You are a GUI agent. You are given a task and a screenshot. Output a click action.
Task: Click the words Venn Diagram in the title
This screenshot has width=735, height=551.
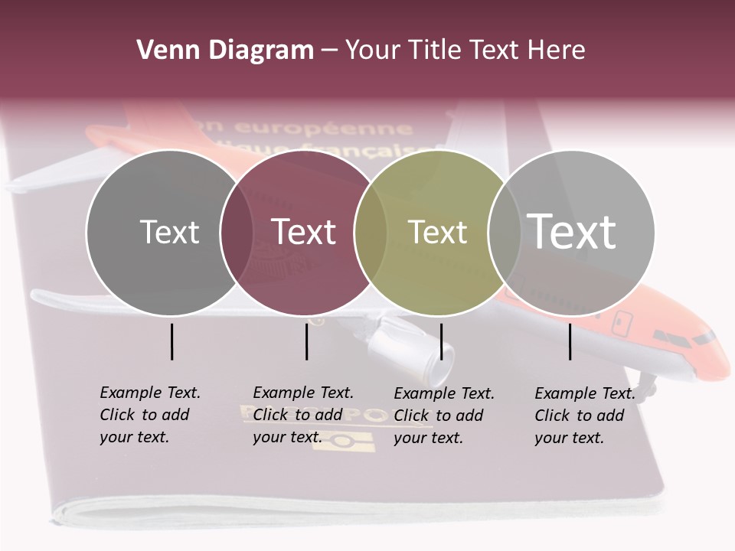pyautogui.click(x=225, y=51)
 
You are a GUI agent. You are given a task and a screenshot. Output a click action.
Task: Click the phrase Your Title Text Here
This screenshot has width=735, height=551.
pyautogui.click(x=465, y=51)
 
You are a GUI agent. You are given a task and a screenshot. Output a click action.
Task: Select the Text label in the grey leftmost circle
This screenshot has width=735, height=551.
pyautogui.click(x=169, y=232)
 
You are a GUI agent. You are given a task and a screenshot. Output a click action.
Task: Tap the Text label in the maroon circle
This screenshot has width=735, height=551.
pyautogui.click(x=304, y=232)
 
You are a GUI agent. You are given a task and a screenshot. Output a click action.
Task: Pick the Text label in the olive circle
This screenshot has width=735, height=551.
pyautogui.click(x=437, y=232)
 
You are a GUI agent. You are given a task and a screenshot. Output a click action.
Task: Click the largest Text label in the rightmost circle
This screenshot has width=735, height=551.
pyautogui.click(x=572, y=231)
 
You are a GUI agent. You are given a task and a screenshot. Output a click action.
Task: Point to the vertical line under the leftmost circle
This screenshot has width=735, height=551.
pyautogui.click(x=171, y=341)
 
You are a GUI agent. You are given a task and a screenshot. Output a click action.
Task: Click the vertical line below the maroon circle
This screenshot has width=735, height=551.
pyautogui.click(x=306, y=341)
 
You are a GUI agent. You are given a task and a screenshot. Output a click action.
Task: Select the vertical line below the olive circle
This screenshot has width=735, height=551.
pyautogui.click(x=441, y=341)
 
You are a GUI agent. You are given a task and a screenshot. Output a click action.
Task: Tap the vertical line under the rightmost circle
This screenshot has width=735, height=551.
pyautogui.click(x=570, y=341)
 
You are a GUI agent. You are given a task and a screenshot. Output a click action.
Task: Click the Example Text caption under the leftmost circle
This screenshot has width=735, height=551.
pyautogui.click(x=150, y=415)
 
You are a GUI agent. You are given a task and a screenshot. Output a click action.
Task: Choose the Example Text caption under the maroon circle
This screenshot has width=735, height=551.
pyautogui.click(x=303, y=415)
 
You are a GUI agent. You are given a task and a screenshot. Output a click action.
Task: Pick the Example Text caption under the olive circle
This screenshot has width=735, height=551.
pyautogui.click(x=444, y=416)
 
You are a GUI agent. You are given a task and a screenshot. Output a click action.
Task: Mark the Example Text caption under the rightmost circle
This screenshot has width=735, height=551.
pyautogui.click(x=585, y=416)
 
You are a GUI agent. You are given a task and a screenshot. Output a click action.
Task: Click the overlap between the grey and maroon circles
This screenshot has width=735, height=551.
pyautogui.click(x=237, y=232)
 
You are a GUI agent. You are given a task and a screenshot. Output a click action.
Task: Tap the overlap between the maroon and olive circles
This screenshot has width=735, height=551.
pyautogui.click(x=371, y=232)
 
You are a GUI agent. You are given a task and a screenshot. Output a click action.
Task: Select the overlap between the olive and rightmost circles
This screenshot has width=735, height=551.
pyautogui.click(x=503, y=232)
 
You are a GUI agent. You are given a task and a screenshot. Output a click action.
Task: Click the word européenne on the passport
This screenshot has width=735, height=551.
pyautogui.click(x=322, y=128)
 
